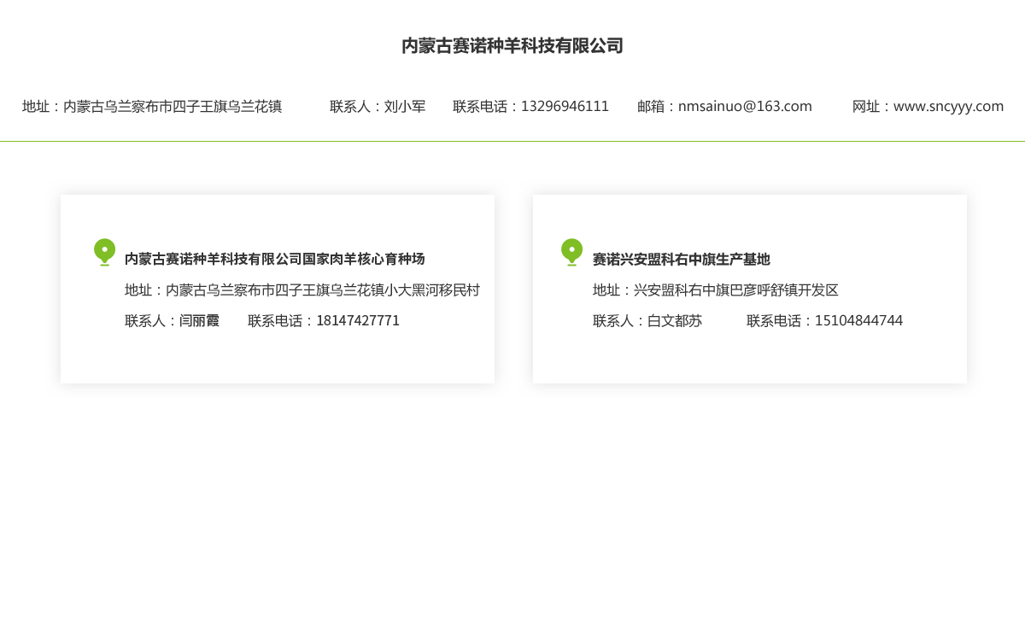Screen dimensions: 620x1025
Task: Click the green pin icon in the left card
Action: click(104, 251)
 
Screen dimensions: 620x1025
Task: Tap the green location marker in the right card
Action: click(571, 251)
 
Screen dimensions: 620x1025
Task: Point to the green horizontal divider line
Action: click(512, 140)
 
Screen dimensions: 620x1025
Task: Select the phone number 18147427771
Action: click(357, 321)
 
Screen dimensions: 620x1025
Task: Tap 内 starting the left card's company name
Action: click(131, 259)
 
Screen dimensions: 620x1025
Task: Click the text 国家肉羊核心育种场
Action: click(364, 259)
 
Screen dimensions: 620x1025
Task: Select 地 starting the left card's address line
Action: click(131, 290)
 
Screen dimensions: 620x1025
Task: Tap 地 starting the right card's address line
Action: click(598, 290)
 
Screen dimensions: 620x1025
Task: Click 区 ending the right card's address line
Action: click(832, 290)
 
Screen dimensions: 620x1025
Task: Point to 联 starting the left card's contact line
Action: click(131, 321)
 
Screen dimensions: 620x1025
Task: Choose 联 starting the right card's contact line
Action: click(598, 321)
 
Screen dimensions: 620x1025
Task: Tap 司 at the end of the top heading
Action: click(617, 47)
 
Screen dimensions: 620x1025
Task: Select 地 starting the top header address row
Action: click(27, 107)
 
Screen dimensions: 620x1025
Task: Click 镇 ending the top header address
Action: click(276, 107)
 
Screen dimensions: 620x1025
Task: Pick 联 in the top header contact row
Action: click(336, 107)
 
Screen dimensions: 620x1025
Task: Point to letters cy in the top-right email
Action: click(950, 108)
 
